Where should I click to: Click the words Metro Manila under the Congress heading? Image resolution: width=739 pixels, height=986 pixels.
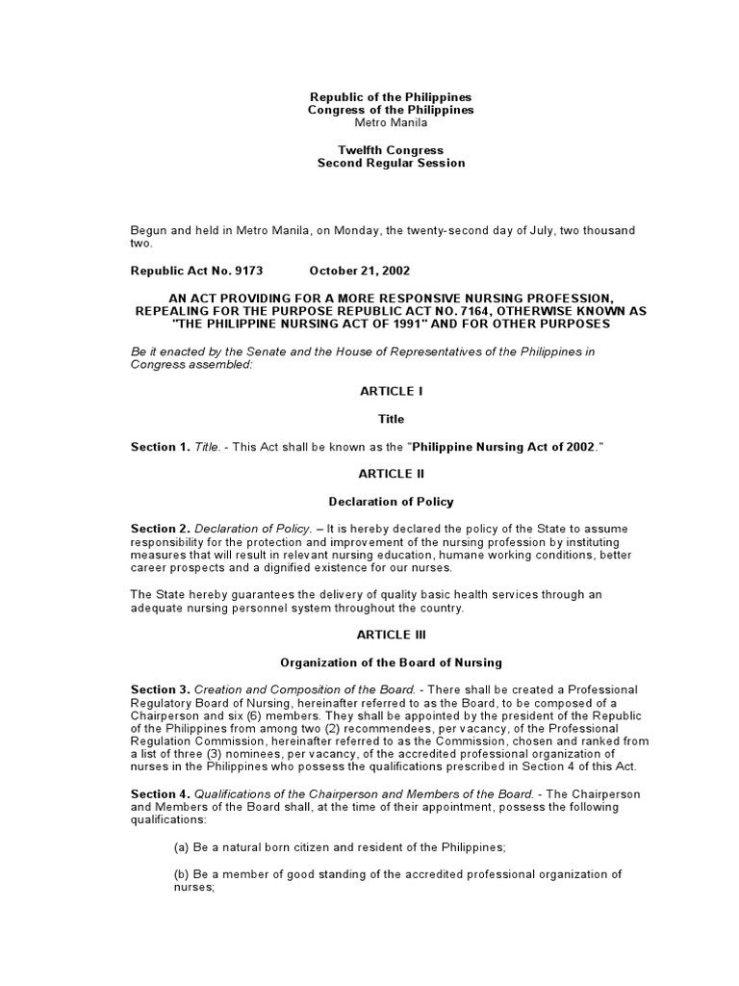point(391,123)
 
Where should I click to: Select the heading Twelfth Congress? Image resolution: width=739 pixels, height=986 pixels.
point(391,150)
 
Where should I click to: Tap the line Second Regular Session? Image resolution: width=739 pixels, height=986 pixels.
point(391,163)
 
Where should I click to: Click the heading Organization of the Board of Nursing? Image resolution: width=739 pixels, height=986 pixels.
point(391,662)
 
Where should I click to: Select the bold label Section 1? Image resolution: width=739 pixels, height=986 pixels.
point(160,447)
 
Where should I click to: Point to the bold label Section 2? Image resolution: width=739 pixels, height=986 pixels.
point(160,530)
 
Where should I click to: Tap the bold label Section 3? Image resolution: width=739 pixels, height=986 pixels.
point(160,690)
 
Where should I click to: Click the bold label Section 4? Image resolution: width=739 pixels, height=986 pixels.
point(160,793)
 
